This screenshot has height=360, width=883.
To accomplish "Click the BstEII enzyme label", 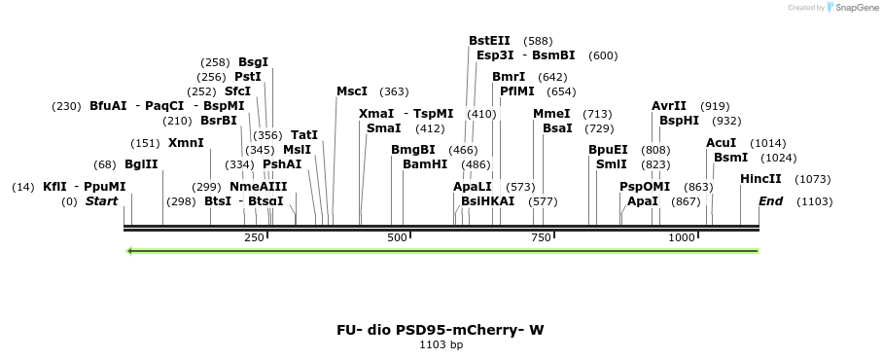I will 489,41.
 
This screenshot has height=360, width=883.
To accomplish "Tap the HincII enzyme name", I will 760,179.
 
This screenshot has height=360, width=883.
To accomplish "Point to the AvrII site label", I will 669,106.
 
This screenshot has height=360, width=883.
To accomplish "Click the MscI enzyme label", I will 352,91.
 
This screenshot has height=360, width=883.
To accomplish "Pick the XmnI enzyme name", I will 186,143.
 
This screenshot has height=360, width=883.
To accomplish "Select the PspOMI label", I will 645,186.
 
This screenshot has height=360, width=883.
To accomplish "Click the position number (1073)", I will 813,179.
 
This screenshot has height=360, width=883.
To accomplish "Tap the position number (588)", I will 538,41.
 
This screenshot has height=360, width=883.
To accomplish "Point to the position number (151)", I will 145,143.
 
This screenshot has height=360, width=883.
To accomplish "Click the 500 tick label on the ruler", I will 397,238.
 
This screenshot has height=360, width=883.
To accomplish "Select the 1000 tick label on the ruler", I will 682,238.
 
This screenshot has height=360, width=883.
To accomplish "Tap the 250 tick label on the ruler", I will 254,238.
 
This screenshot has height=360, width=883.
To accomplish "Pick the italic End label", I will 770,201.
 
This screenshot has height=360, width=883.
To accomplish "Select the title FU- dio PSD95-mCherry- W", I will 441,330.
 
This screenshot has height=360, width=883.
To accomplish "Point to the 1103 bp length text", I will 441,344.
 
